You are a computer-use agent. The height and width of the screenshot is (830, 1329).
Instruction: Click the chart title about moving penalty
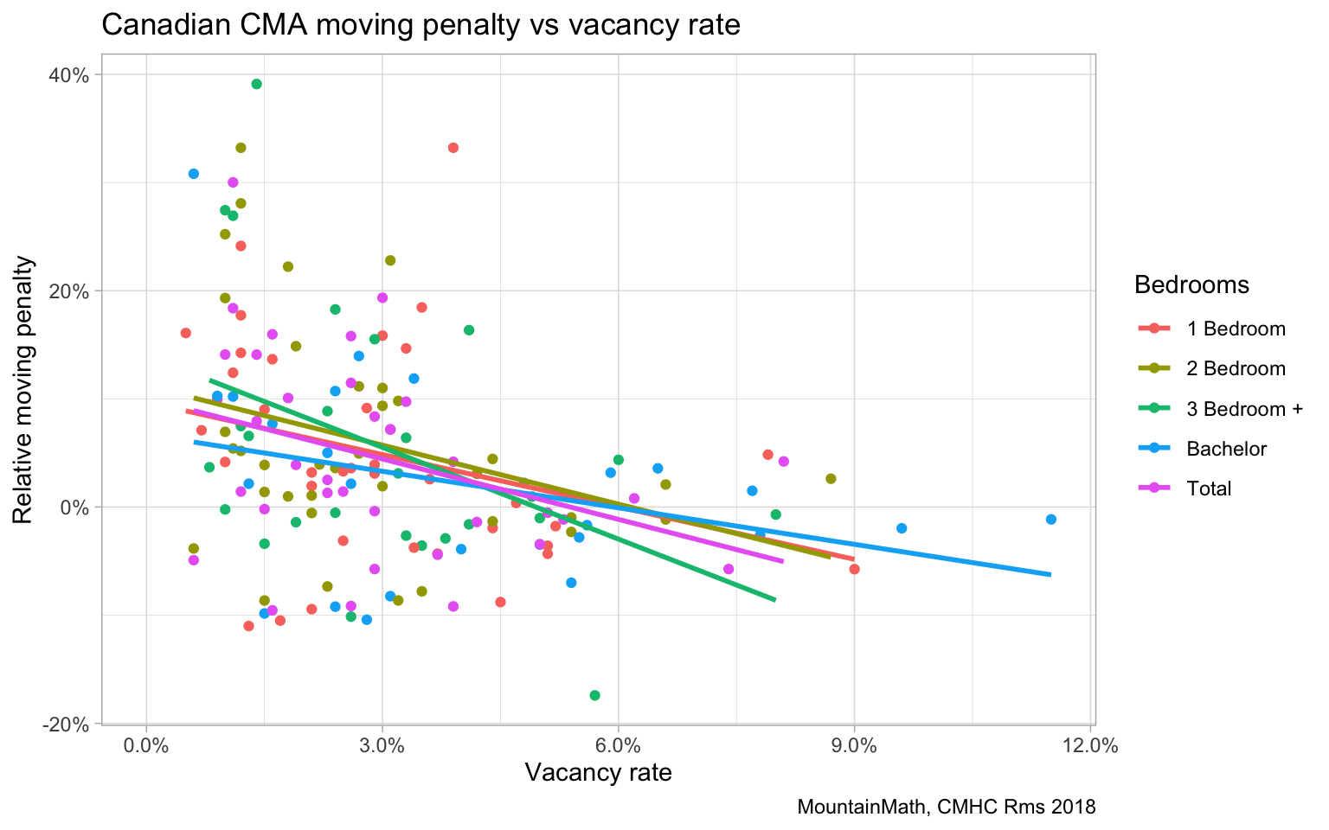click(x=421, y=25)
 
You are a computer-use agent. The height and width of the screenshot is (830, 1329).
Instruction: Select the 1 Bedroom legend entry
click(x=1236, y=329)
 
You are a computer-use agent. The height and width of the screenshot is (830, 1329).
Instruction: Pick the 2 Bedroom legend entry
click(x=1236, y=368)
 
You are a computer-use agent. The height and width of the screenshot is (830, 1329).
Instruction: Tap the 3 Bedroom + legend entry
click(x=1244, y=409)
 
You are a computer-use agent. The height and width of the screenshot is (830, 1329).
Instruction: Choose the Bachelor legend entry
click(x=1226, y=449)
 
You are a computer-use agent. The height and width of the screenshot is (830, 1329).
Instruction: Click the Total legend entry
click(x=1209, y=488)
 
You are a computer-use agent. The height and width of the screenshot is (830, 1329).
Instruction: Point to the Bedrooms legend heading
click(x=1191, y=284)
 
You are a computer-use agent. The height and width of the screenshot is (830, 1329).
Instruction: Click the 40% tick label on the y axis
click(x=68, y=75)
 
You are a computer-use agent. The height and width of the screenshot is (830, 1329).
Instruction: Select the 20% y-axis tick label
click(x=68, y=291)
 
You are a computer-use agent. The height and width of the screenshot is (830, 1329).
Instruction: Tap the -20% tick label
click(x=66, y=725)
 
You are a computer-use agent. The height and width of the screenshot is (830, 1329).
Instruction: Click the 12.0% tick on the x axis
click(x=1090, y=746)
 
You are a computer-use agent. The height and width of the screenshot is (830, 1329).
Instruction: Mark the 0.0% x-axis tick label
click(x=146, y=746)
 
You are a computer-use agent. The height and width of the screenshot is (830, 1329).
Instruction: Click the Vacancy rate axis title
click(x=598, y=772)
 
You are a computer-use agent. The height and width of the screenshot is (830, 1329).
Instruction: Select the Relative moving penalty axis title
click(x=24, y=389)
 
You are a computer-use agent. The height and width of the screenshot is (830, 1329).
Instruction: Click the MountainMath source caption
click(x=946, y=808)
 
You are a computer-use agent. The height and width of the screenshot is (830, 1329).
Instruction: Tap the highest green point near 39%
click(x=256, y=84)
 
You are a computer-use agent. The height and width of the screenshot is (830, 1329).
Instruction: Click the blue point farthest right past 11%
click(x=1051, y=519)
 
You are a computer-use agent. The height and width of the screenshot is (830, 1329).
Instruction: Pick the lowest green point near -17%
click(x=594, y=695)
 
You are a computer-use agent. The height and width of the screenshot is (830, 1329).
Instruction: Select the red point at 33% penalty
click(x=453, y=148)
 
